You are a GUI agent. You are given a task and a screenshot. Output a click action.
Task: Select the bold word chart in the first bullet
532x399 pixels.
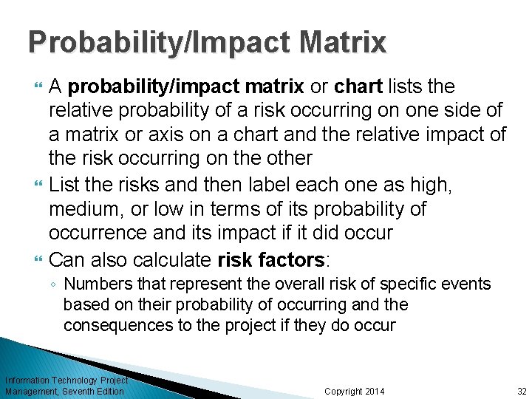point(358,87)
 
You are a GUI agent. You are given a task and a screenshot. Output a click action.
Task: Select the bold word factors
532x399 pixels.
point(292,259)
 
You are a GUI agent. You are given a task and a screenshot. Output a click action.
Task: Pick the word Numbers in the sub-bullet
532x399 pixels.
point(93,284)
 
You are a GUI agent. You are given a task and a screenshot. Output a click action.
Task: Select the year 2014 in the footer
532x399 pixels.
point(373,391)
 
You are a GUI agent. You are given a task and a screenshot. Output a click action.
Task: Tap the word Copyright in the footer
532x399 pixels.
point(342,391)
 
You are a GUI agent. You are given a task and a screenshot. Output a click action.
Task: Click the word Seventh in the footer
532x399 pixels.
point(79,391)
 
